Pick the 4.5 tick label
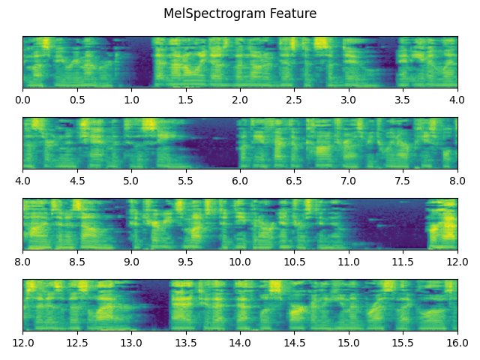tap(76, 181)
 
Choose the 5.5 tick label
tap(185, 181)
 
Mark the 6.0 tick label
tap(240, 181)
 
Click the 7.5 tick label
tap(403, 181)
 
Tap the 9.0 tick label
tap(131, 262)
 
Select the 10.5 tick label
tap(294, 262)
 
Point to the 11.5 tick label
tap(403, 262)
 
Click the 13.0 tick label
tap(131, 343)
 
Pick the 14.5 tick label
tap(294, 343)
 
